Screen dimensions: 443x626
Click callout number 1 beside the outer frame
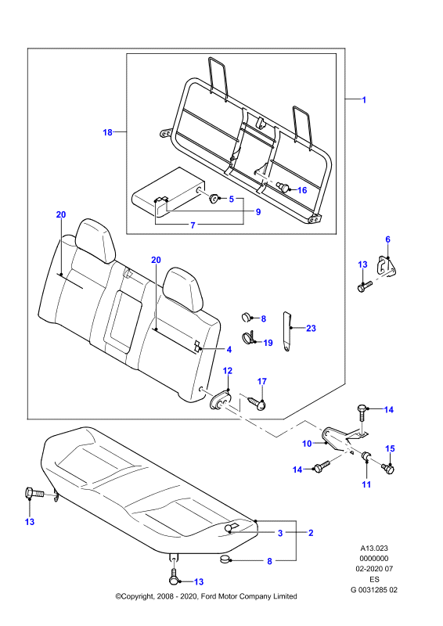click(364, 100)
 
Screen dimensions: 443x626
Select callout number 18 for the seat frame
click(107, 132)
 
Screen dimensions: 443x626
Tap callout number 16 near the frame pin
click(302, 190)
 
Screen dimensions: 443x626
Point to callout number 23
click(311, 328)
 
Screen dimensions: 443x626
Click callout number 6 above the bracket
click(387, 239)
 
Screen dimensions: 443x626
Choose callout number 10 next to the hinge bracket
click(307, 444)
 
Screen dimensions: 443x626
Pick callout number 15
click(390, 448)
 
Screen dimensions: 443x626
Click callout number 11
click(366, 484)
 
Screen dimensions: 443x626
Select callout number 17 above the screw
click(261, 382)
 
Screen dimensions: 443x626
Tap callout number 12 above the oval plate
click(227, 371)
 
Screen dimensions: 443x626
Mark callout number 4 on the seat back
click(229, 350)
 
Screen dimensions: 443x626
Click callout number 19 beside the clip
click(268, 343)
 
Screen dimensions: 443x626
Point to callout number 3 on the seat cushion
click(280, 533)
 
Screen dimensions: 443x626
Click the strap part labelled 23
click(287, 331)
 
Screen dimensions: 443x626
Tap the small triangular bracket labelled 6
click(387, 267)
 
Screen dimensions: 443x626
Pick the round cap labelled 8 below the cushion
click(225, 559)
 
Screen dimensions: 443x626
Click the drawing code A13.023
click(374, 549)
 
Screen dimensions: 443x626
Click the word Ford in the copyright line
click(208, 596)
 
